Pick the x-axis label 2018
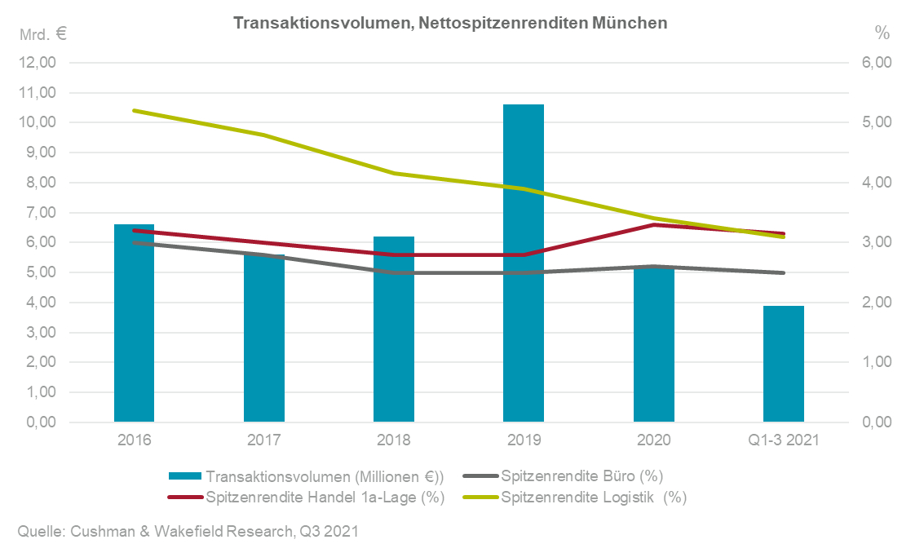[394, 440]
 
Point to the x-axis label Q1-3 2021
[784, 440]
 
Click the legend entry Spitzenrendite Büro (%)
[574, 476]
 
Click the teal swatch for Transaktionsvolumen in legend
[185, 476]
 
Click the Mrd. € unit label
[43, 34]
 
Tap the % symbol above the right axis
[882, 33]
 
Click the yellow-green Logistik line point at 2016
[134, 110]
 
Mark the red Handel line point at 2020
[654, 224]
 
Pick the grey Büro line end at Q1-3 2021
[784, 272]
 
